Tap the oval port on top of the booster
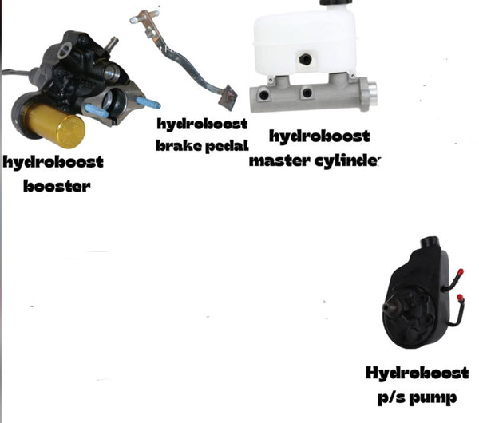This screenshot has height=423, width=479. [x=65, y=49]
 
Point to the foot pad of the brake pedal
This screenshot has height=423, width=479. [x=228, y=97]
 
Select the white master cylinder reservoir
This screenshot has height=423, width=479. [x=305, y=40]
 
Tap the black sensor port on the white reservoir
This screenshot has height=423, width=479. [x=305, y=59]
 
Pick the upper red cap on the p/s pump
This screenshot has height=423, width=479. [x=461, y=272]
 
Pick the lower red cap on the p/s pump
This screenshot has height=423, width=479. [x=460, y=298]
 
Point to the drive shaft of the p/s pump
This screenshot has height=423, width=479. [x=388, y=307]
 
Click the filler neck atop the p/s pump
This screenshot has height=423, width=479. [x=430, y=242]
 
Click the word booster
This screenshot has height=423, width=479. [x=57, y=186]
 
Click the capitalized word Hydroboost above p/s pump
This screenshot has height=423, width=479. [x=418, y=373]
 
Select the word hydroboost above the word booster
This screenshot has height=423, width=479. [x=53, y=162]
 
